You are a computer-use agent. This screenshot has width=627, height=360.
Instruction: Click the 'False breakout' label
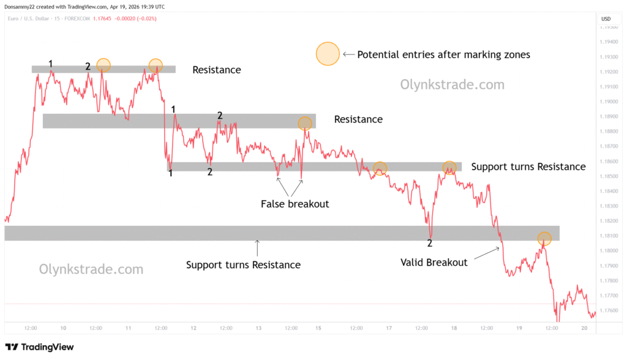click(295, 204)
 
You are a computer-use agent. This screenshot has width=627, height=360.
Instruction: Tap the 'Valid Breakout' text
click(434, 263)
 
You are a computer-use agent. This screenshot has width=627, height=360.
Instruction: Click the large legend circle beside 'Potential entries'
click(328, 54)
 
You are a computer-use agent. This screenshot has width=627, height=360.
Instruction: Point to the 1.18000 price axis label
click(609, 251)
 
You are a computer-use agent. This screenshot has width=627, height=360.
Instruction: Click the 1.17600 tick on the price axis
click(609, 310)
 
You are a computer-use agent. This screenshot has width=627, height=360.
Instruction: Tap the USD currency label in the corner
click(606, 19)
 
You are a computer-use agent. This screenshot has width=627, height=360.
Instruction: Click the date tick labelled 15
click(319, 328)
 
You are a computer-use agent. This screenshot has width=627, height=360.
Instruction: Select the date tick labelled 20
click(584, 328)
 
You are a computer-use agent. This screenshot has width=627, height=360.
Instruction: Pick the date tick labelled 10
click(63, 328)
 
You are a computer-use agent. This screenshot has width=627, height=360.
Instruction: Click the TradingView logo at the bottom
click(39, 347)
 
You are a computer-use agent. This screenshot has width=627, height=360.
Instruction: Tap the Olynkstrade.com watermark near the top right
click(452, 85)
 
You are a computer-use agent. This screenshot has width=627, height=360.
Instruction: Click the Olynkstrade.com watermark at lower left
click(91, 269)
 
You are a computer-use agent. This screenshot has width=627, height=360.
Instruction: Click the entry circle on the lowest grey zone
click(544, 238)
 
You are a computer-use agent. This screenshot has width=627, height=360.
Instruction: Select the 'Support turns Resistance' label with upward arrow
click(243, 265)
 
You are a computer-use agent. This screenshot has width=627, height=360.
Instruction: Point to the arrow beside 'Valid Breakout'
click(488, 252)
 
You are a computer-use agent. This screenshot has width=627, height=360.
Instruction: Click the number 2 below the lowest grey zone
click(430, 244)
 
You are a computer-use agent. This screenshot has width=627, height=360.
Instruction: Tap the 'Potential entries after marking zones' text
click(443, 54)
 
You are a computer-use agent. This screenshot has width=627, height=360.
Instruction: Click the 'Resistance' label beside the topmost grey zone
click(217, 70)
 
